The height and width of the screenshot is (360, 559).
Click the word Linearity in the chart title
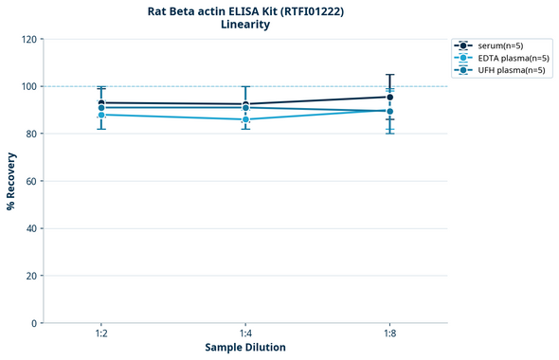(x=244, y=25)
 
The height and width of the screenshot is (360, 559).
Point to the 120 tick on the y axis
(x=30, y=39)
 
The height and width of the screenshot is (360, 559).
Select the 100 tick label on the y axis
(x=30, y=86)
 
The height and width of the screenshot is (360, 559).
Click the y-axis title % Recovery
(x=11, y=180)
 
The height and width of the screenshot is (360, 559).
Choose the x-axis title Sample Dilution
(x=245, y=348)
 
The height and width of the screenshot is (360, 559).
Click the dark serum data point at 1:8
(x=389, y=97)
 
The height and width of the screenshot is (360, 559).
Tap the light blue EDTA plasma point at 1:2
(x=101, y=115)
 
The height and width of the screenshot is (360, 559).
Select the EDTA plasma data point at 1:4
(x=245, y=119)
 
